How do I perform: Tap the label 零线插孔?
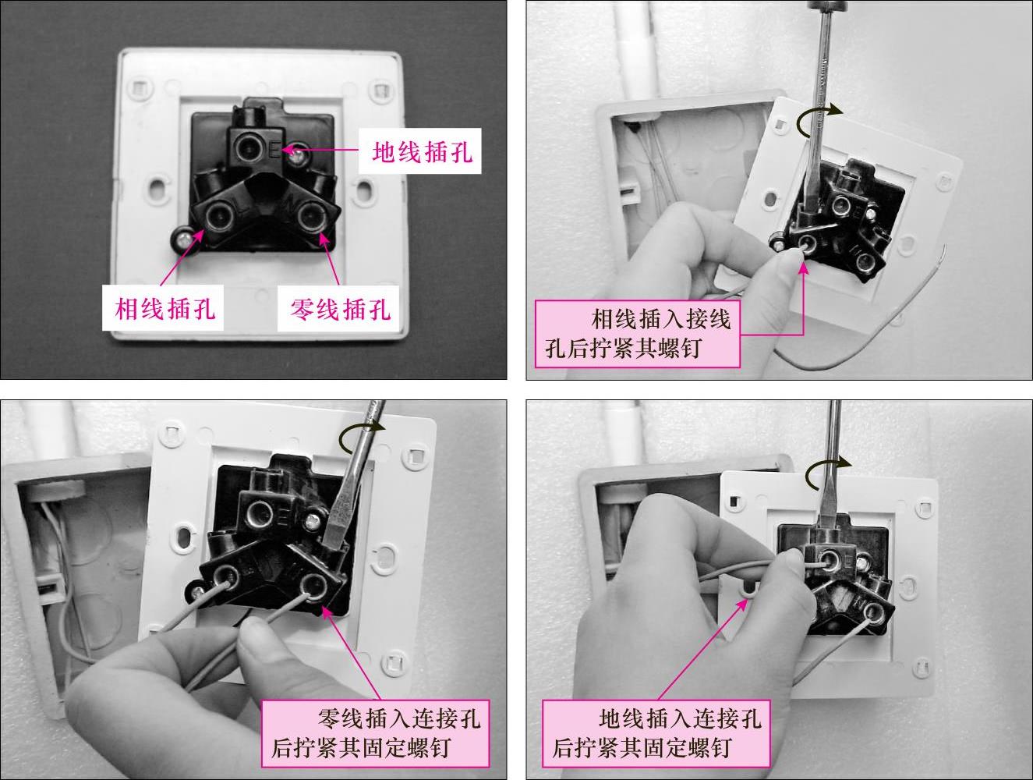click(x=340, y=309)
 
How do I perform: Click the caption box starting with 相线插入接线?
click(x=637, y=334)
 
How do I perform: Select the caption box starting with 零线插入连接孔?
click(x=375, y=733)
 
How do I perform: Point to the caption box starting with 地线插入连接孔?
click(x=656, y=733)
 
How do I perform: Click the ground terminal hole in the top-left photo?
click(x=250, y=147)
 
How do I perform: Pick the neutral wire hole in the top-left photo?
click(x=311, y=216)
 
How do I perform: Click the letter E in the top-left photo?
click(x=274, y=150)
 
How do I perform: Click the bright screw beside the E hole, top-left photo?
click(x=297, y=158)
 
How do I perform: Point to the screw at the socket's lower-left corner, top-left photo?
click(x=182, y=239)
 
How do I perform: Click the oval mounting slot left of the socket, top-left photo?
click(x=158, y=188)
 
